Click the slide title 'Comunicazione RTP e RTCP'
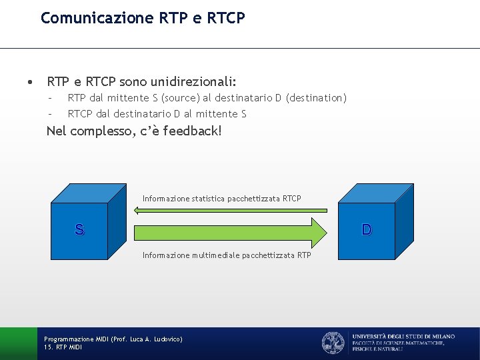143,18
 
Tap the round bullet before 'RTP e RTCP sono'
30,83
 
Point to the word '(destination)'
316,98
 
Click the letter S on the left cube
79,231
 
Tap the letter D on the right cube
367,230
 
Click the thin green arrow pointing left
227,210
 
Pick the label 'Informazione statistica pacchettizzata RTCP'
221,198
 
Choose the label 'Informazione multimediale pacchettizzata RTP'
227,255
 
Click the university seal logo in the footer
333,343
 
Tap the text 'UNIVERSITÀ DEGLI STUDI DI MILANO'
403,337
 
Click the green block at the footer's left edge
18,343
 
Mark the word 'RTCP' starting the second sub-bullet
80,114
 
